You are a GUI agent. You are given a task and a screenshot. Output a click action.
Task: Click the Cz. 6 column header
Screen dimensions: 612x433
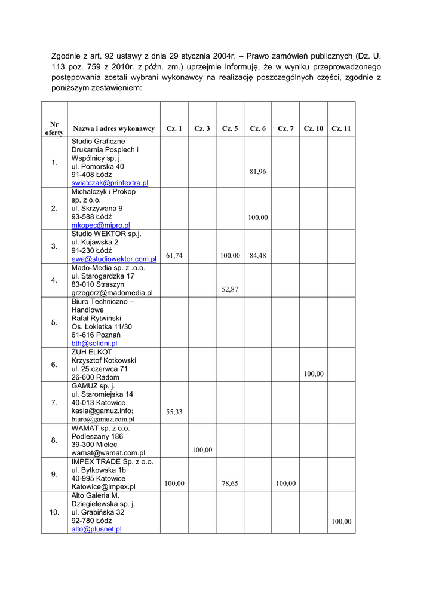click(258, 128)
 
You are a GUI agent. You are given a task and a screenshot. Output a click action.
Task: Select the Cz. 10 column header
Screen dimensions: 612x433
click(314, 128)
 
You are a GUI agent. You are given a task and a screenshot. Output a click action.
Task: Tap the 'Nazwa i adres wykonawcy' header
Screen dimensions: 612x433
click(114, 128)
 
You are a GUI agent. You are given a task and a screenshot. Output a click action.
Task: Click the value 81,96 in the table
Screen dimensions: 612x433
click(258, 172)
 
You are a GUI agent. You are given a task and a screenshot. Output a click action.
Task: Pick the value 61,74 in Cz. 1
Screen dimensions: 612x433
click(174, 256)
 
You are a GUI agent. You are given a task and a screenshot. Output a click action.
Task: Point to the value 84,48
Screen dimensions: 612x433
click(258, 256)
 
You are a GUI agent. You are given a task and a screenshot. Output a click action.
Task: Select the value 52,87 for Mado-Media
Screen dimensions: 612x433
click(230, 289)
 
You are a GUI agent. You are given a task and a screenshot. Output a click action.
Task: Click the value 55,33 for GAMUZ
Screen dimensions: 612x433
click(174, 412)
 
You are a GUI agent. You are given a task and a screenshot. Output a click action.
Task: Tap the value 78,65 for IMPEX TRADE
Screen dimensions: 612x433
click(230, 484)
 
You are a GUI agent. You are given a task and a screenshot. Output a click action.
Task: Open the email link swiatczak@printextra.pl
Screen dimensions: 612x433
click(110, 183)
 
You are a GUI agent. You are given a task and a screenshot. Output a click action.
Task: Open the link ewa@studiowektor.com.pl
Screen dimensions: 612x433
click(113, 259)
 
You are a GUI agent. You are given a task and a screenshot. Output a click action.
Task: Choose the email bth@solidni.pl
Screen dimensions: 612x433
click(94, 344)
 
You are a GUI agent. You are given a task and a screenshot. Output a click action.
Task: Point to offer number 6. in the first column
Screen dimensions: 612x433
click(54, 365)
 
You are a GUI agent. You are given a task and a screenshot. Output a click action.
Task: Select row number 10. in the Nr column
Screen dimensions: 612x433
click(54, 512)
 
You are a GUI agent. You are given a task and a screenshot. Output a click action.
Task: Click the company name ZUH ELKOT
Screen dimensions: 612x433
click(91, 352)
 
